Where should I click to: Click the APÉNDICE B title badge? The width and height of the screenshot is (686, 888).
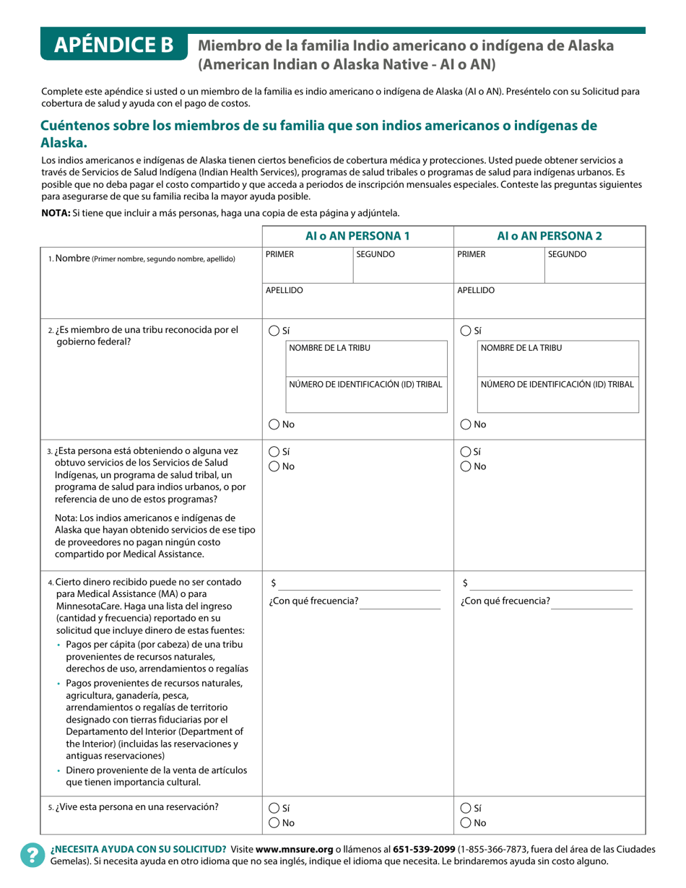coord(114,45)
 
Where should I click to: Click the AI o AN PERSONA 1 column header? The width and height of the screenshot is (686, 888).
coord(357,235)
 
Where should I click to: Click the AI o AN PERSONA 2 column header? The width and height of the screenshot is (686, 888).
coord(549,235)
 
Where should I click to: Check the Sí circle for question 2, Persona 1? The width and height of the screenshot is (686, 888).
coord(274,331)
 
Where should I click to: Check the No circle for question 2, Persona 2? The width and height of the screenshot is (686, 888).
coord(466,425)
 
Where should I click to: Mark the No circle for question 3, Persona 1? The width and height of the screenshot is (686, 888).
coord(274,466)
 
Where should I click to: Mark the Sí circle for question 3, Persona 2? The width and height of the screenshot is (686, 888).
coord(466,451)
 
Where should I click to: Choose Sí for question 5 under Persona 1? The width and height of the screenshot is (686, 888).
coord(274,808)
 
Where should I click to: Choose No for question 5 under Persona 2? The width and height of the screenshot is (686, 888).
coord(466,823)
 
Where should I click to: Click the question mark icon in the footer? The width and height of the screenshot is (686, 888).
coord(32,855)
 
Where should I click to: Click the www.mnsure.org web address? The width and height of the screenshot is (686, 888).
coord(294,849)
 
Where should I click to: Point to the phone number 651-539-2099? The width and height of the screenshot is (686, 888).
coord(423,849)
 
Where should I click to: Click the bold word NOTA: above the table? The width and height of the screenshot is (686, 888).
coord(56,213)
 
